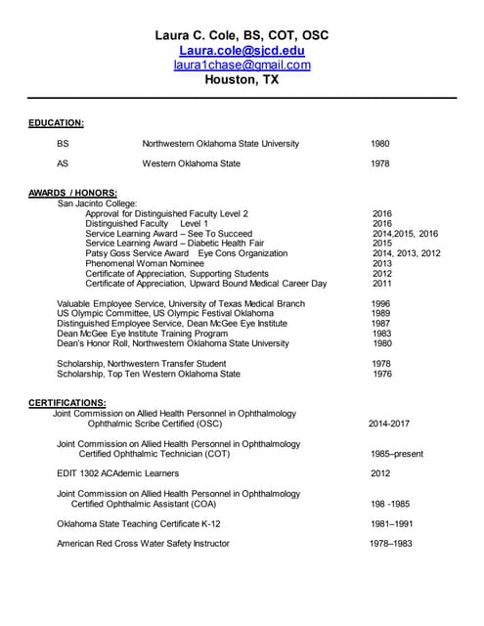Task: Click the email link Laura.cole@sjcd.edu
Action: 242,50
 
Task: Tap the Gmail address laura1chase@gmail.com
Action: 242,65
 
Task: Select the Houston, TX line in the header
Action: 242,80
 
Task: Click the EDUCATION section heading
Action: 56,123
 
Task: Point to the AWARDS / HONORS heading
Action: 73,193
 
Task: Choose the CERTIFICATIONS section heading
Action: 66,403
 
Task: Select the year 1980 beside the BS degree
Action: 380,144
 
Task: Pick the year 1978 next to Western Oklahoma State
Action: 380,164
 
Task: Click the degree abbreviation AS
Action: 63,164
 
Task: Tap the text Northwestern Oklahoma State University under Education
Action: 221,144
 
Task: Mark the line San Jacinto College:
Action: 98,203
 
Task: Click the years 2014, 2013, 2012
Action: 406,253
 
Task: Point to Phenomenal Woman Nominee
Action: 144,263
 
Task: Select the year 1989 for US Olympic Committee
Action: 380,314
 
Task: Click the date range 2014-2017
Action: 389,425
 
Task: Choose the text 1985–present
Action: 396,455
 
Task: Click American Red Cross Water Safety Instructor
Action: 144,544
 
